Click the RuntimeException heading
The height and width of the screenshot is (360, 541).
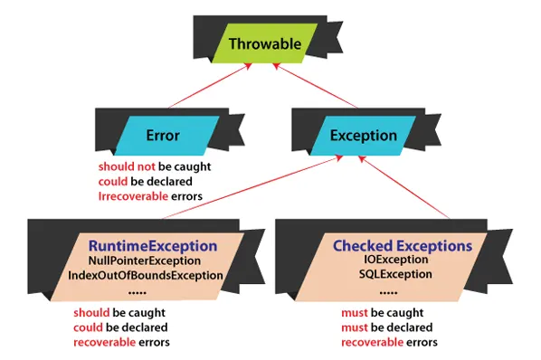(152, 246)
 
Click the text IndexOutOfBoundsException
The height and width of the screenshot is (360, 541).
(145, 275)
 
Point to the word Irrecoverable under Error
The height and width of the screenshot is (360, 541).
(134, 195)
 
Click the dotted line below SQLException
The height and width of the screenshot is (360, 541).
(387, 291)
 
